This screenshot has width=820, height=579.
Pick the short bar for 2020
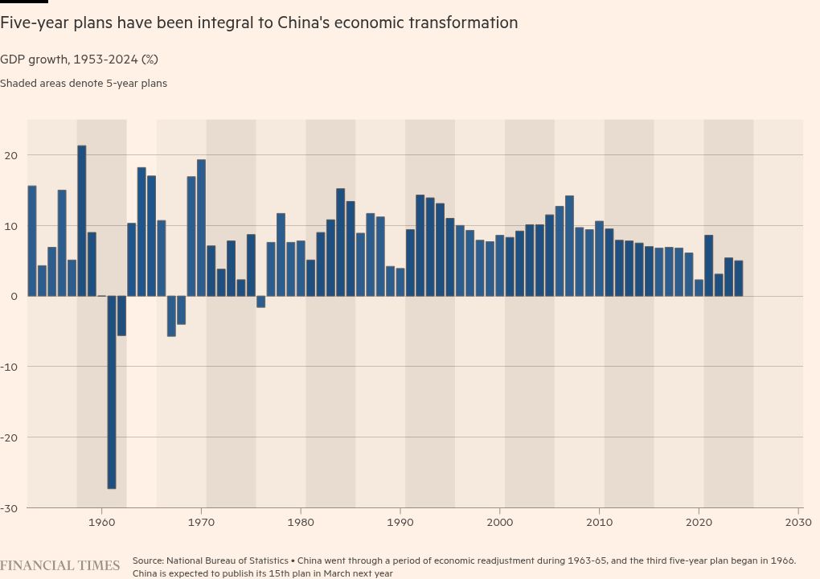tap(699, 288)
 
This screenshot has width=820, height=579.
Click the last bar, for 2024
tap(738, 278)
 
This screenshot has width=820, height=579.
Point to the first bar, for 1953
tap(32, 240)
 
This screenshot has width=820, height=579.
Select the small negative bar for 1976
tap(260, 302)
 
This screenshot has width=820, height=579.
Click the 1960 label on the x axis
tap(101, 522)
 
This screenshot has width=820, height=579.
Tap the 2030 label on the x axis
tap(798, 522)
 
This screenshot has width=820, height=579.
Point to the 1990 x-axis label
tap(400, 522)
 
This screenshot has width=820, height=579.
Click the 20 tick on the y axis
tap(10, 155)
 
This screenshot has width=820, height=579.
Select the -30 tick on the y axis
tap(9, 508)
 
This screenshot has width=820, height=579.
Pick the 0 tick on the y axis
tap(14, 297)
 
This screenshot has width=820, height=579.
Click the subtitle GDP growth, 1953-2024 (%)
tap(79, 60)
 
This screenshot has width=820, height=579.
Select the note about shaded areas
tap(84, 83)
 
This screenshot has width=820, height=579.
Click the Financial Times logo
tap(59, 565)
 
